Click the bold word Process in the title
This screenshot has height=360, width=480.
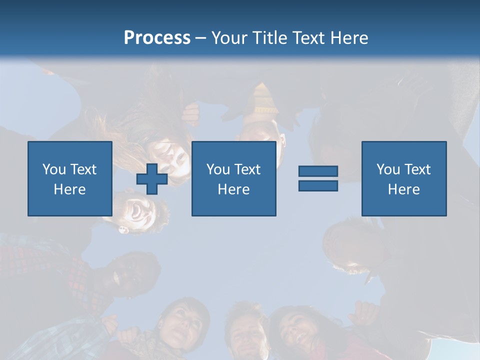pyautogui.click(x=157, y=38)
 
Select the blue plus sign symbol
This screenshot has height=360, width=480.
pyautogui.click(x=152, y=179)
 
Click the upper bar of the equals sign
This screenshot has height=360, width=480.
pyautogui.click(x=318, y=171)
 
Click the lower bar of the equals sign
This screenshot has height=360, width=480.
pyautogui.click(x=318, y=185)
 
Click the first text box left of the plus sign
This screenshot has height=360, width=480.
pyautogui.click(x=70, y=178)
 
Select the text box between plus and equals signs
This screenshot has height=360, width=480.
pyautogui.click(x=234, y=178)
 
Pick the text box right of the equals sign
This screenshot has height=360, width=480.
pyautogui.click(x=404, y=178)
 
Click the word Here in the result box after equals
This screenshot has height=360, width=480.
pyautogui.click(x=404, y=189)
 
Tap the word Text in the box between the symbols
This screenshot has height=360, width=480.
pyautogui.click(x=247, y=169)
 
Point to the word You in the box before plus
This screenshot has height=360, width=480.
pyautogui.click(x=54, y=169)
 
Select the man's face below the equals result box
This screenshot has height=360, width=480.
pyautogui.click(x=345, y=245)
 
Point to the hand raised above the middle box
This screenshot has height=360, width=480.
pyautogui.click(x=191, y=114)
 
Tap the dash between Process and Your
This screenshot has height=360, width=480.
pyautogui.click(x=201, y=38)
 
